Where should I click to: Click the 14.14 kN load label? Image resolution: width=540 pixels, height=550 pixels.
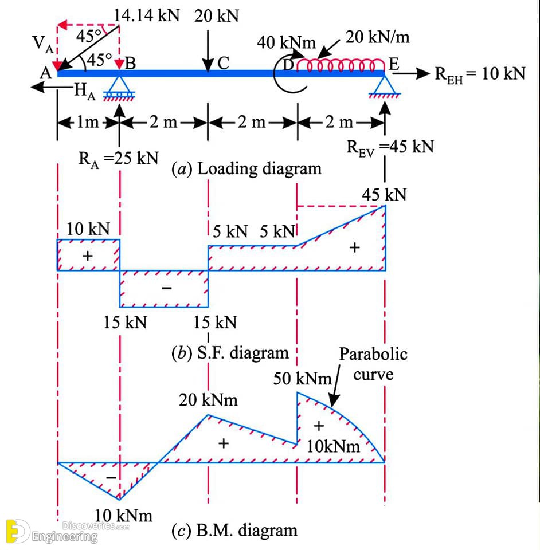pyautogui.click(x=146, y=15)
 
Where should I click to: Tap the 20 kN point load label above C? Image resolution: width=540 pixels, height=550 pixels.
pyautogui.click(x=217, y=16)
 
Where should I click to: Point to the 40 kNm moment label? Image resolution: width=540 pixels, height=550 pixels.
pyautogui.click(x=286, y=42)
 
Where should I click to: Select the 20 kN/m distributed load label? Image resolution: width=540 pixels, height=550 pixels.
pyautogui.click(x=377, y=37)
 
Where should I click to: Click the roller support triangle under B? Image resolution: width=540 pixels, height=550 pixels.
pyautogui.click(x=119, y=84)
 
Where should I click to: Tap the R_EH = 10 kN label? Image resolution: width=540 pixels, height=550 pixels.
pyautogui.click(x=480, y=74)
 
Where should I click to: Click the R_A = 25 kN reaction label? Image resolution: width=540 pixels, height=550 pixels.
pyautogui.click(x=118, y=159)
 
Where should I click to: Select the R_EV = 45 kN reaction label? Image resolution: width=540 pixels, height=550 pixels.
pyautogui.click(x=390, y=147)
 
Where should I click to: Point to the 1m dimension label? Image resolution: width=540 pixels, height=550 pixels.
pyautogui.click(x=88, y=122)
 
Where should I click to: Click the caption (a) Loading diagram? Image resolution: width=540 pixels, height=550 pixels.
pyautogui.click(x=246, y=168)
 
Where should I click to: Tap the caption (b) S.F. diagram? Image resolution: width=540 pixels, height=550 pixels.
pyautogui.click(x=230, y=353)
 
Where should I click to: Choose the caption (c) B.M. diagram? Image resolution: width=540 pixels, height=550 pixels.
pyautogui.click(x=234, y=531)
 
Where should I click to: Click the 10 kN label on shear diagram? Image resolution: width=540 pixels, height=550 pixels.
pyautogui.click(x=88, y=229)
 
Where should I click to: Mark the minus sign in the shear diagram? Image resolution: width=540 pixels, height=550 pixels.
pyautogui.click(x=167, y=288)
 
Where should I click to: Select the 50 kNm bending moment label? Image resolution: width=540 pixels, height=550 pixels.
pyautogui.click(x=303, y=379)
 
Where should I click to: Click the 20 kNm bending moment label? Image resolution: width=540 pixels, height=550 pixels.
pyautogui.click(x=208, y=400)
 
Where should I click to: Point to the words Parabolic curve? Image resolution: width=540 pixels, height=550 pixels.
pyautogui.click(x=373, y=364)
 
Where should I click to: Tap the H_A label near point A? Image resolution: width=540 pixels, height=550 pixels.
pyautogui.click(x=85, y=91)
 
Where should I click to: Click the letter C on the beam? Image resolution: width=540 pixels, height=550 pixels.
pyautogui.click(x=223, y=64)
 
